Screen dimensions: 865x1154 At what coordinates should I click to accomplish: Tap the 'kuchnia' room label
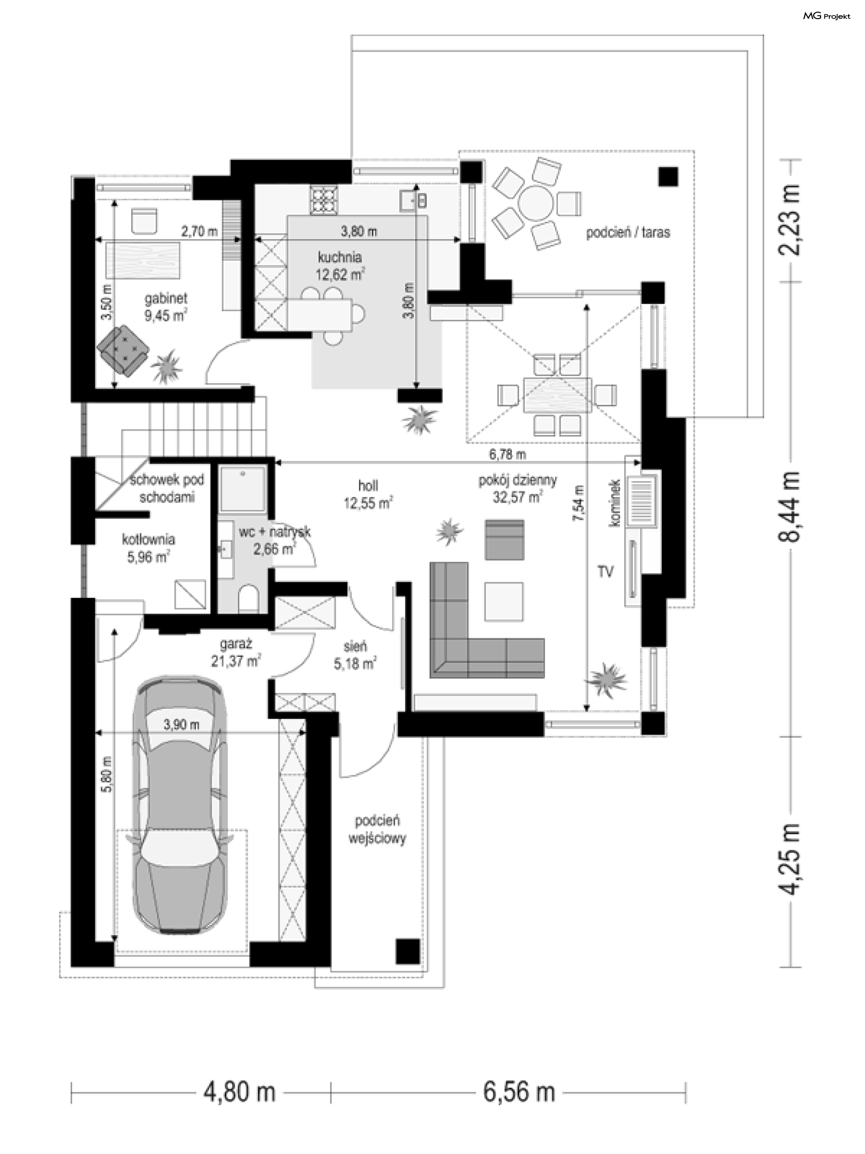pyautogui.click(x=340, y=257)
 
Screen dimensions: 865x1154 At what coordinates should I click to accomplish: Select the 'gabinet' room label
pyautogui.click(x=166, y=299)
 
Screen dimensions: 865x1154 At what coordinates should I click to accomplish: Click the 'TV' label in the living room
pyautogui.click(x=605, y=572)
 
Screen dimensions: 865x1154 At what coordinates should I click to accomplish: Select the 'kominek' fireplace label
pyautogui.click(x=615, y=502)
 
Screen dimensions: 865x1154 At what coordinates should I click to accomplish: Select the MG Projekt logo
pyautogui.click(x=826, y=16)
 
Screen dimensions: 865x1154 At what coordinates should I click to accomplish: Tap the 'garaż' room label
pyautogui.click(x=236, y=644)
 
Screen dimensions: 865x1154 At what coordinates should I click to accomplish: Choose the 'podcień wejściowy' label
pyautogui.click(x=378, y=829)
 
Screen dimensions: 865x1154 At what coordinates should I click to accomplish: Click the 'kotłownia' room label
pyautogui.click(x=149, y=539)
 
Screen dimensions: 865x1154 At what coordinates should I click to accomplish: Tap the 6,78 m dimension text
pyautogui.click(x=507, y=454)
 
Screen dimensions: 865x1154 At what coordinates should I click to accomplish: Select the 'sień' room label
pyautogui.click(x=355, y=647)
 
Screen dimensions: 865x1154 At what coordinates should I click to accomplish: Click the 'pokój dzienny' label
pyautogui.click(x=518, y=480)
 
